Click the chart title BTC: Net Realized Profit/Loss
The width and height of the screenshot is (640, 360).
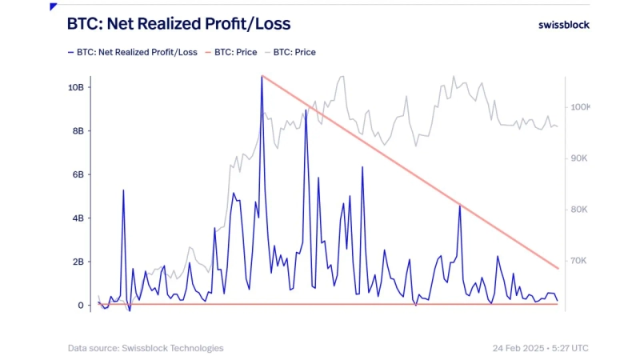click(178, 24)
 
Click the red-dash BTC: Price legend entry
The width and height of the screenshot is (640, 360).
click(235, 53)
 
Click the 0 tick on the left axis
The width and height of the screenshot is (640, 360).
click(80, 306)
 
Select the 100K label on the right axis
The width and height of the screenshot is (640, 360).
click(578, 107)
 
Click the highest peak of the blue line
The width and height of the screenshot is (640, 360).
click(262, 77)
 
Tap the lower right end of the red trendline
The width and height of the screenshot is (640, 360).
click(558, 268)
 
